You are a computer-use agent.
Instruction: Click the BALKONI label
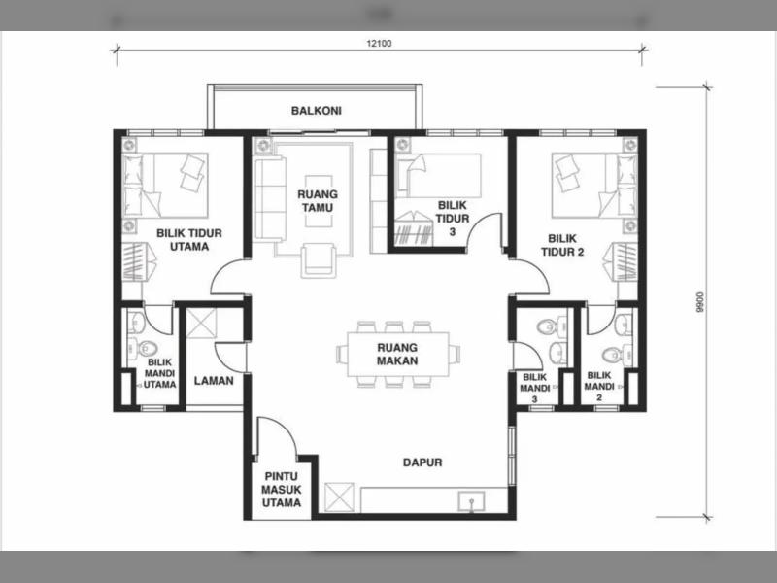click(x=317, y=110)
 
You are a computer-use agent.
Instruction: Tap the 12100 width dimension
click(x=379, y=43)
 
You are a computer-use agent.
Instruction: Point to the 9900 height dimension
click(x=699, y=302)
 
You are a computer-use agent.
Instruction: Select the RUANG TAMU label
click(x=318, y=201)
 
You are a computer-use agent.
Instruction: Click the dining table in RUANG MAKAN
click(x=398, y=355)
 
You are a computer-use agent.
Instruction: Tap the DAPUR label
click(x=422, y=463)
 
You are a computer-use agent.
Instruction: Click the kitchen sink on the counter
click(x=472, y=501)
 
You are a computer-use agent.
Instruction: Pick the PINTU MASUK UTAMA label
click(x=281, y=490)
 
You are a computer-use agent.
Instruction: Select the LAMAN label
click(x=214, y=381)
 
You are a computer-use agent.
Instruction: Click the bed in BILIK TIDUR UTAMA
click(x=165, y=185)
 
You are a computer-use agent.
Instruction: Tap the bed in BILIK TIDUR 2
click(x=594, y=185)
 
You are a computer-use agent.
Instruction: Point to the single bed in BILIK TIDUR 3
click(x=439, y=176)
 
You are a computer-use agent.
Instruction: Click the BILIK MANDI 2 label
click(x=599, y=386)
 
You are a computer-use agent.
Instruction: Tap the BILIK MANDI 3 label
click(x=535, y=388)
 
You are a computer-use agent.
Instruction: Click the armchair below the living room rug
click(x=319, y=259)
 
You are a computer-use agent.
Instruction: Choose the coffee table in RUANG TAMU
click(x=319, y=201)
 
